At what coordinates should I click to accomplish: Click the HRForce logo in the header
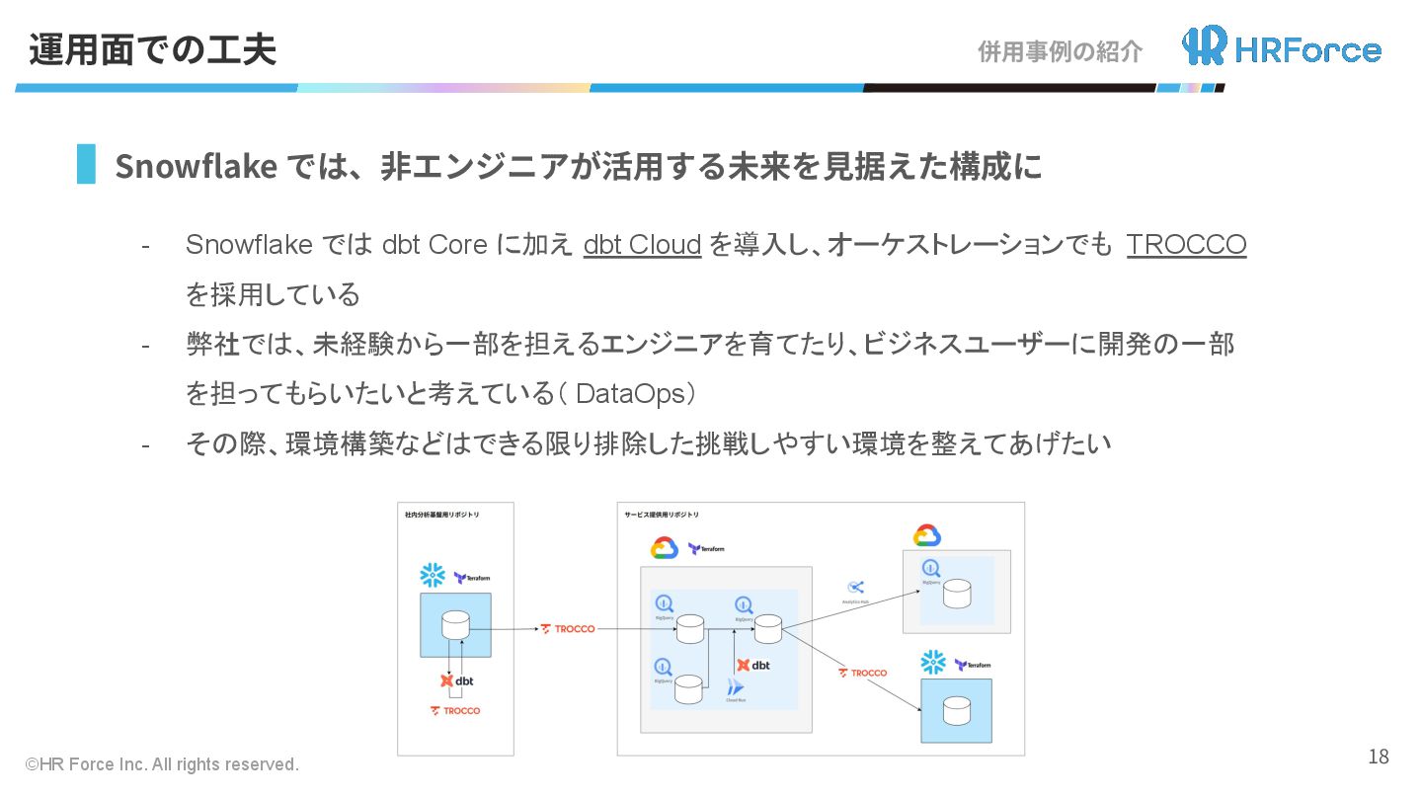tap(1281, 46)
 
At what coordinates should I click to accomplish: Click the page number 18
tap(1378, 758)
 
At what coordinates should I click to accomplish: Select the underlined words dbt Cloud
tap(642, 245)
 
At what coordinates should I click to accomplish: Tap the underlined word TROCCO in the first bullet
tap(1186, 245)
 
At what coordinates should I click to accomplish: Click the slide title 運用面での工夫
tap(152, 49)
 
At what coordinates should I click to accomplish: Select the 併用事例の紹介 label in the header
tap(1060, 51)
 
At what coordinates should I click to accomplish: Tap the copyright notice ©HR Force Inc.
tap(162, 764)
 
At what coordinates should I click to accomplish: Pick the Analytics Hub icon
tap(856, 588)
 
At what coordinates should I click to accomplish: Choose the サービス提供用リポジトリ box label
tap(662, 515)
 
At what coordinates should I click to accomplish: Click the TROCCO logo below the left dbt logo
tap(455, 711)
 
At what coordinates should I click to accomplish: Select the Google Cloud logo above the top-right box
tap(926, 535)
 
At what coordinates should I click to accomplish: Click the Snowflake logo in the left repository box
tap(432, 576)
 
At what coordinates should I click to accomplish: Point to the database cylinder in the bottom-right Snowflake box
tap(956, 710)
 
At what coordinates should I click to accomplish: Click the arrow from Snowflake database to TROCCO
tap(504, 629)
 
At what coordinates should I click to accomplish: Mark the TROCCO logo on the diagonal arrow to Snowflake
tap(863, 673)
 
